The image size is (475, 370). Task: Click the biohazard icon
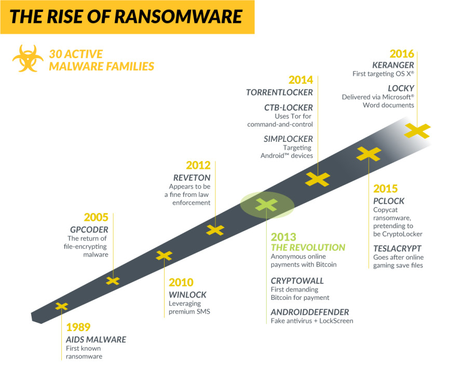pyautogui.click(x=28, y=59)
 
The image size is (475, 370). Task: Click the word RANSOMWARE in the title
pyautogui.click(x=178, y=17)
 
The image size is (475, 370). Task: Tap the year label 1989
pyautogui.click(x=78, y=327)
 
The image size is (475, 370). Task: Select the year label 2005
pyautogui.click(x=96, y=217)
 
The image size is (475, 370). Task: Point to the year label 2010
pyautogui.click(x=181, y=282)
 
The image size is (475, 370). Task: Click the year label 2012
pyautogui.click(x=198, y=165)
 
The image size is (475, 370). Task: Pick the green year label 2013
pyautogui.click(x=283, y=237)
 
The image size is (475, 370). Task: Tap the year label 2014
pyautogui.click(x=301, y=80)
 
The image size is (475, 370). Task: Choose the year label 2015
pyautogui.click(x=385, y=189)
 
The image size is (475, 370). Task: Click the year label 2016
pyautogui.click(x=402, y=54)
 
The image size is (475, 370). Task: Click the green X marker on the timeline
pyautogui.click(x=266, y=204)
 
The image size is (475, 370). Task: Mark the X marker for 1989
pyautogui.click(x=61, y=306)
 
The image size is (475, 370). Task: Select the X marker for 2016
pyautogui.click(x=417, y=131)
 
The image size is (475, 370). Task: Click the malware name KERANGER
pyautogui.click(x=393, y=65)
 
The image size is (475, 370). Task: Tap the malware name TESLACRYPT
pyautogui.click(x=397, y=249)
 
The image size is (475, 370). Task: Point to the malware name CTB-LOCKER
pyautogui.click(x=289, y=108)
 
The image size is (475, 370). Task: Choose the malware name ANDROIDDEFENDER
pyautogui.click(x=310, y=312)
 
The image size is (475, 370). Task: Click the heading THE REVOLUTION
pyautogui.click(x=308, y=247)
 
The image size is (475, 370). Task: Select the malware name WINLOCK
pyautogui.click(x=187, y=295)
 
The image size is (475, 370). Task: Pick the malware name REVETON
pyautogui.click(x=192, y=178)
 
